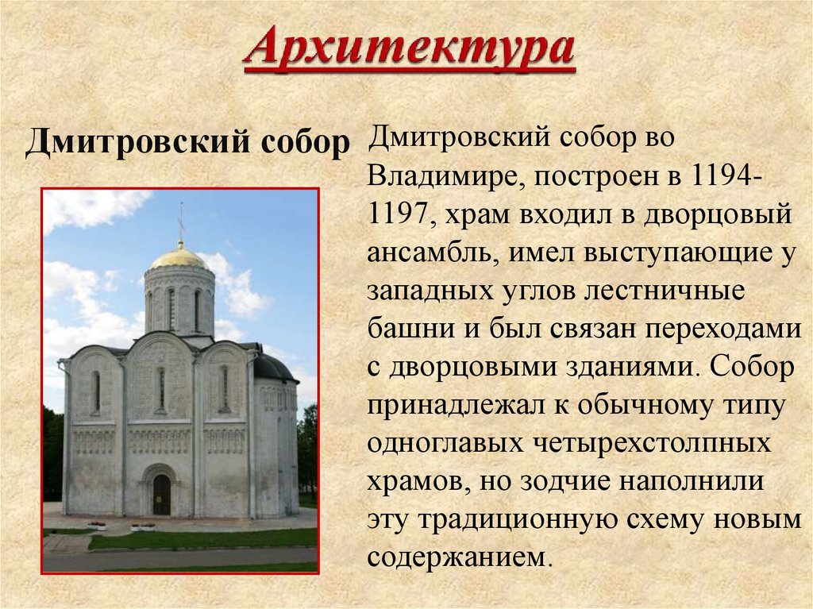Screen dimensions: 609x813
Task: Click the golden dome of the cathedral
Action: pyautogui.click(x=179, y=256)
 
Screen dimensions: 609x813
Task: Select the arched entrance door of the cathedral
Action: pyautogui.click(x=161, y=494)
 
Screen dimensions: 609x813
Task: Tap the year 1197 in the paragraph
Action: pyautogui.click(x=400, y=214)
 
